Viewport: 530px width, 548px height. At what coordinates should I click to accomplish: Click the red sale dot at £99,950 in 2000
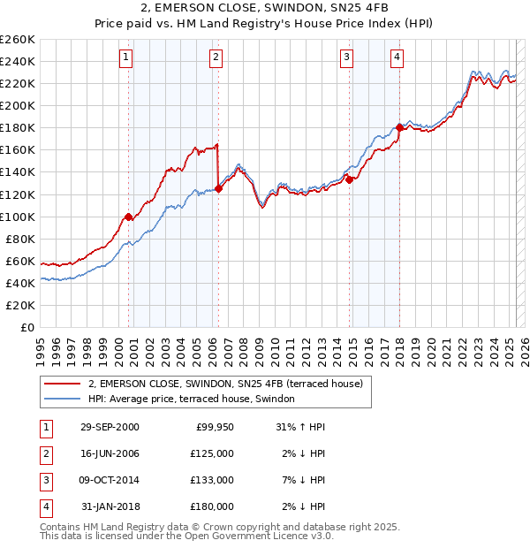(129, 216)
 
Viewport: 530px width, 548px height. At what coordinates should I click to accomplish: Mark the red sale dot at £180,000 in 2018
(399, 127)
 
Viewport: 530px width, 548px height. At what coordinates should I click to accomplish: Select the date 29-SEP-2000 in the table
(110, 427)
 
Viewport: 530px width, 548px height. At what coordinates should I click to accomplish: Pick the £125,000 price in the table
(212, 453)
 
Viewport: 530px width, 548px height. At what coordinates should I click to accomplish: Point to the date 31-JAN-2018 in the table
(110, 506)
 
